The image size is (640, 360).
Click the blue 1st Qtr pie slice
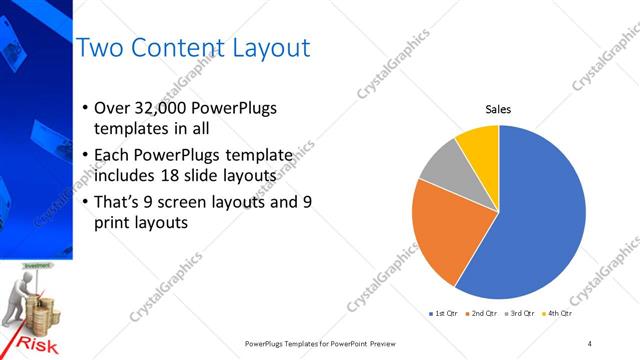click(530, 230)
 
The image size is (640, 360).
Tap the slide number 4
click(590, 344)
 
